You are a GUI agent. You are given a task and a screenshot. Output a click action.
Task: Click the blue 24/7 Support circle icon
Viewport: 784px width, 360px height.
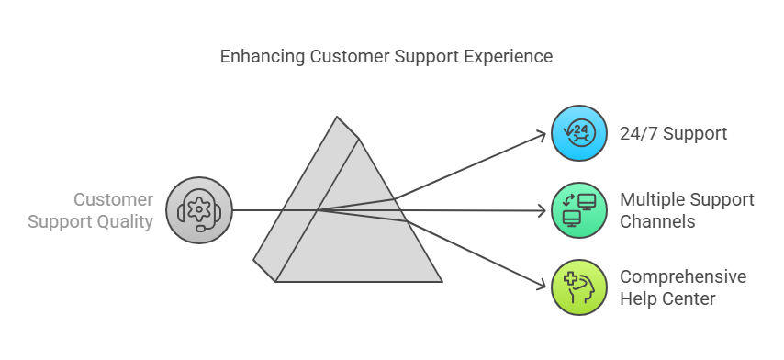pos(578,134)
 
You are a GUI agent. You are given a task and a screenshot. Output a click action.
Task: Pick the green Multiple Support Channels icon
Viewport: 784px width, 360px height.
pos(578,210)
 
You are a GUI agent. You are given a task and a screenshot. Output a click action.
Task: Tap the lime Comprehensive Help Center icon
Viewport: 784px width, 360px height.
pos(578,287)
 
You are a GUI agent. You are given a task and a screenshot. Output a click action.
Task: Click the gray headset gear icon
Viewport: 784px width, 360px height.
pos(199,210)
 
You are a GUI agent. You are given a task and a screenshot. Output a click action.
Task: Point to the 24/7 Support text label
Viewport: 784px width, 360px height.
pos(674,134)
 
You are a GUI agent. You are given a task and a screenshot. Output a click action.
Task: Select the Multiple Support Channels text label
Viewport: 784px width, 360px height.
pos(687,210)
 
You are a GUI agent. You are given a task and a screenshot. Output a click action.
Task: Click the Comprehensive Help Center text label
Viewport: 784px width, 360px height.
pos(683,287)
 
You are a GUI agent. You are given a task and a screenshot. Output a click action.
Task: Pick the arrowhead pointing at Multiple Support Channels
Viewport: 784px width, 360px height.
pos(542,211)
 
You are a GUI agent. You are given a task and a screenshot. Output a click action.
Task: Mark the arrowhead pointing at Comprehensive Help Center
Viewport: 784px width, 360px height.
pos(542,287)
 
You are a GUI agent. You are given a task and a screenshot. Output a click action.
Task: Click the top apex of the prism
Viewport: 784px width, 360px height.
pos(338,118)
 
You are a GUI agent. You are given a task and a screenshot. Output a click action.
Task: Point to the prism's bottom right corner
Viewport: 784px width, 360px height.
pos(442,281)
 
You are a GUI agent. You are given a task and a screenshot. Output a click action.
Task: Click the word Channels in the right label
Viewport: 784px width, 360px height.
pos(655,221)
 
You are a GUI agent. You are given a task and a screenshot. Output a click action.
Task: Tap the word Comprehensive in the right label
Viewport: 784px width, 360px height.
pos(683,276)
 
